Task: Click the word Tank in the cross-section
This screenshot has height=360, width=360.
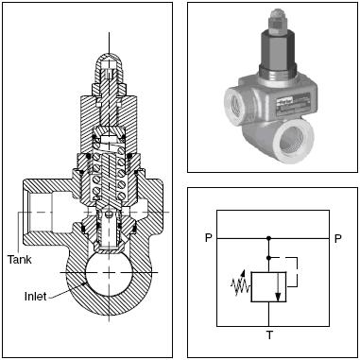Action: [20, 260]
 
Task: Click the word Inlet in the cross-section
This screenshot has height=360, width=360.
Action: [36, 297]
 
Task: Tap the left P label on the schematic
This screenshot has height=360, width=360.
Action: [208, 238]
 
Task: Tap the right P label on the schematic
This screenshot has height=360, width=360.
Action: [337, 238]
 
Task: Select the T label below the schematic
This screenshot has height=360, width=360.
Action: [269, 335]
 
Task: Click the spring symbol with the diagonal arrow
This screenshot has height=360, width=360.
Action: [241, 283]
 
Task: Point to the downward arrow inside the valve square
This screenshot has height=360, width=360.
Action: [278, 286]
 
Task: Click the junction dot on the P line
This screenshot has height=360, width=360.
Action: [268, 238]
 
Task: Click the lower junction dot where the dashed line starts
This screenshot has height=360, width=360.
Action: [268, 258]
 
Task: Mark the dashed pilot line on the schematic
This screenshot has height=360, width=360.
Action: [297, 271]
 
